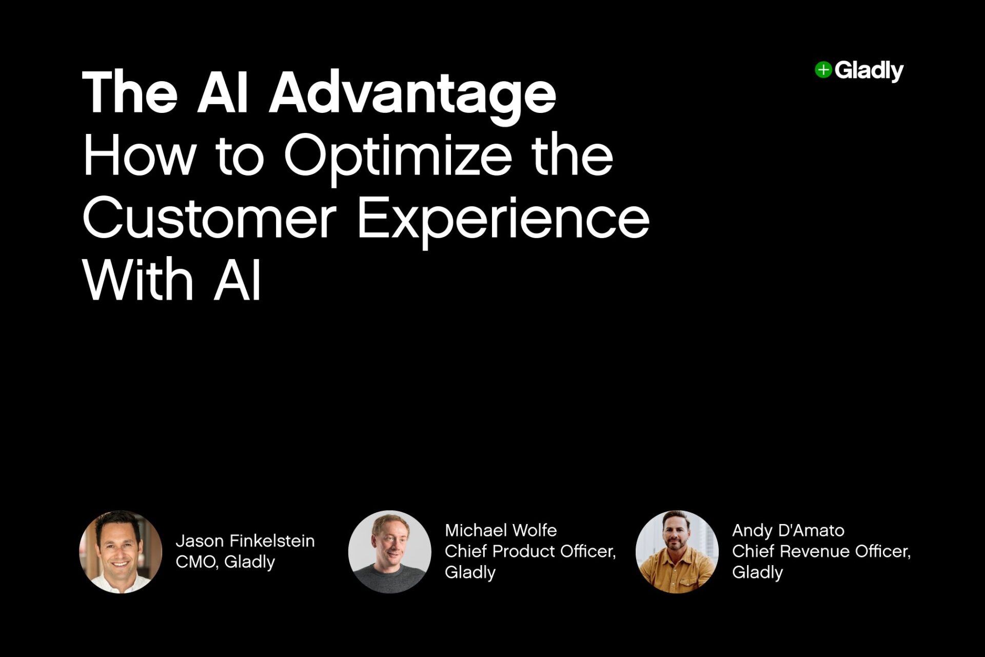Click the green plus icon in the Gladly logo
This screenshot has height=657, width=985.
(823, 70)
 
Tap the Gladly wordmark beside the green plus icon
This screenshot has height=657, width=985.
(869, 71)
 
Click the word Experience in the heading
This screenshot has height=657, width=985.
(503, 220)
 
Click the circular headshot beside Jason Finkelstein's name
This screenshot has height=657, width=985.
(121, 552)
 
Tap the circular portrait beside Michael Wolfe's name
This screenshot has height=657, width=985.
(390, 552)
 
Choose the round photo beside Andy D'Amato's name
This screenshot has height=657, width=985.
(677, 552)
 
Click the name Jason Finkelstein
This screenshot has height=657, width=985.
(245, 540)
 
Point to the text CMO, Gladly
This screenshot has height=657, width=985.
(225, 562)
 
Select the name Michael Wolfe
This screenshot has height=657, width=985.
(501, 530)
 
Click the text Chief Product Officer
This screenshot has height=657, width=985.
(530, 551)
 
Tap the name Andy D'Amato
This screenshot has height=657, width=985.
(788, 530)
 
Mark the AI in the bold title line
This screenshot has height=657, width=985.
(223, 93)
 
